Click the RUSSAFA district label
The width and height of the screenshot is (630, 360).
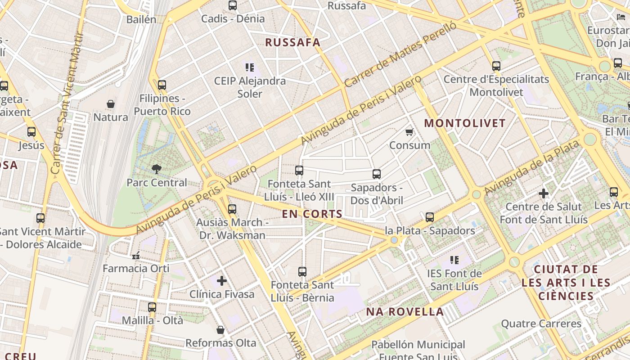coord(292,43)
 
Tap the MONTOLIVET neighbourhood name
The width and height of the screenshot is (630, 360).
coord(465,123)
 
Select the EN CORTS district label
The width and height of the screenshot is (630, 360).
coord(312,214)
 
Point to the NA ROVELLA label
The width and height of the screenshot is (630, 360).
coord(405,312)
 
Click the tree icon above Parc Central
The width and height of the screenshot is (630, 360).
coord(157,169)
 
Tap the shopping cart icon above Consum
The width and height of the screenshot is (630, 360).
coord(409,132)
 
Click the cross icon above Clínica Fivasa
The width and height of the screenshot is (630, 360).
coord(221,281)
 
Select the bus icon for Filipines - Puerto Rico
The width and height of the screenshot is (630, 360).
coord(162,85)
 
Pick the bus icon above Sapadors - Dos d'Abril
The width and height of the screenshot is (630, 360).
coord(377,174)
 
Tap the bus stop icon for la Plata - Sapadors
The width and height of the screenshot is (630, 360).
coord(430,217)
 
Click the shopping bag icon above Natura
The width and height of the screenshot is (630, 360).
coord(111,104)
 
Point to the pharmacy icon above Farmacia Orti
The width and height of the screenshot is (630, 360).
coord(136,256)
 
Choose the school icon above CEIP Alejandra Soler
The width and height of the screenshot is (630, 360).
coord(250,67)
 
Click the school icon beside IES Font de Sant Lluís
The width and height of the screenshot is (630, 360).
coord(454,260)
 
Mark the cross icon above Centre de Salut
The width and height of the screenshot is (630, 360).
coord(544,193)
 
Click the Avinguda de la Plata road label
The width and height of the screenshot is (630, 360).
coord(531,168)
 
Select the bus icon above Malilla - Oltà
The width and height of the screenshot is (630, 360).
coord(152,307)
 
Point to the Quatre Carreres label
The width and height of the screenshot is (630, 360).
coord(541,324)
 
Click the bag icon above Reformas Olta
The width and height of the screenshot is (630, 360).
coord(220,330)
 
